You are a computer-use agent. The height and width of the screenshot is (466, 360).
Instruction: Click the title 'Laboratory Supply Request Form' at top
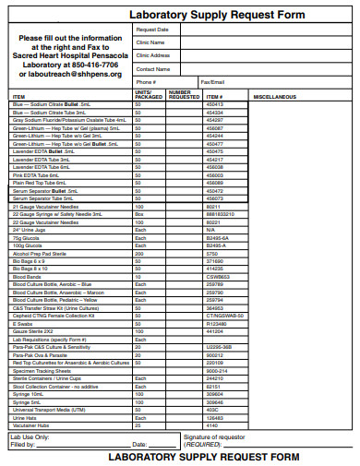click(x=217, y=16)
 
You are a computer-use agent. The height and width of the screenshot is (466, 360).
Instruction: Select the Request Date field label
click(x=152, y=30)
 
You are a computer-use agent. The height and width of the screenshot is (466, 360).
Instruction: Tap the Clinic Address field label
click(x=153, y=55)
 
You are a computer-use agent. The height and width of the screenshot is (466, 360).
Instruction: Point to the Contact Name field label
click(x=152, y=69)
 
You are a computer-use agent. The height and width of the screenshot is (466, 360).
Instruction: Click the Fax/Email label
click(x=212, y=82)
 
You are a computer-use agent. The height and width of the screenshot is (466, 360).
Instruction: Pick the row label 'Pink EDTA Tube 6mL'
click(x=37, y=174)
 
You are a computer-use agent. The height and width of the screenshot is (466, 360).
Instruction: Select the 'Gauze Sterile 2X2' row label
click(x=33, y=331)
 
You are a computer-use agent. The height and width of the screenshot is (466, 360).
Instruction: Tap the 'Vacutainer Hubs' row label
click(x=30, y=425)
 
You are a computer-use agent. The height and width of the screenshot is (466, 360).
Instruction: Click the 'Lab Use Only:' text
click(x=30, y=436)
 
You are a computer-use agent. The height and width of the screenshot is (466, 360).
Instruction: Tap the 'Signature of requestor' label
click(x=214, y=436)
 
